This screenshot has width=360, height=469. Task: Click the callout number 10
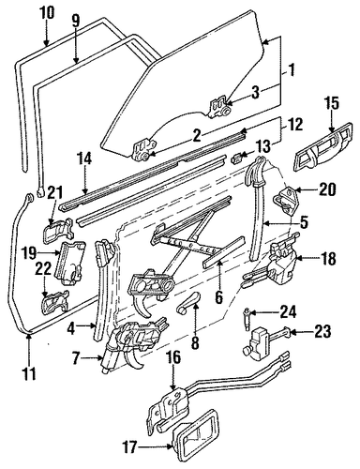(x=47, y=13)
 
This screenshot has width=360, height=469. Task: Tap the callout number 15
(x=332, y=104)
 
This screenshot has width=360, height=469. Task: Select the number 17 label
(x=128, y=447)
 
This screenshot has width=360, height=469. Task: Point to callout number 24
(x=288, y=312)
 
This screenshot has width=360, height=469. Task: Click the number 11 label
(x=29, y=373)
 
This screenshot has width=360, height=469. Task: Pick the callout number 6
(x=219, y=297)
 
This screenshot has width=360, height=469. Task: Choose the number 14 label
(x=83, y=159)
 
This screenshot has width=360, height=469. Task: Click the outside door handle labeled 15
(x=323, y=147)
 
